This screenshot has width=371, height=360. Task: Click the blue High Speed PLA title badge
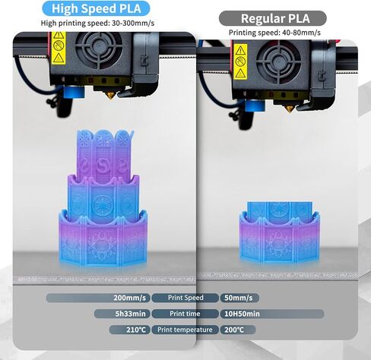[96, 8]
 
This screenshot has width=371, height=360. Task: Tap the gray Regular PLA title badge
[272, 18]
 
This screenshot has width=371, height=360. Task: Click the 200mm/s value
[128, 298]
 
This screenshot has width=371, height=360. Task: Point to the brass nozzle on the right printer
[289, 108]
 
